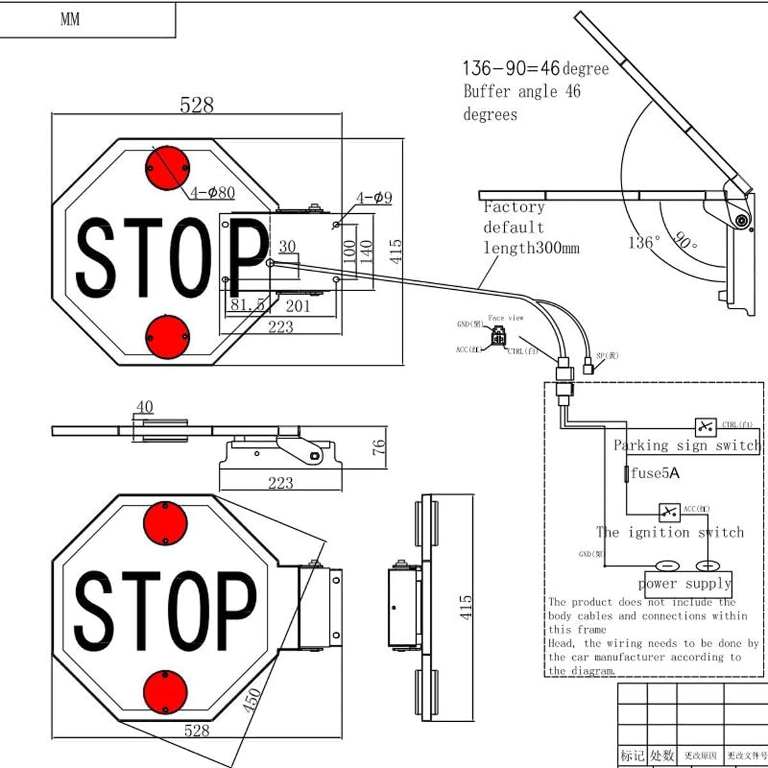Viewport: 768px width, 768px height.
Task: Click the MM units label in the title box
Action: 70,19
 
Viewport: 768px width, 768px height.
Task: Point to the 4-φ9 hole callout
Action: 374,198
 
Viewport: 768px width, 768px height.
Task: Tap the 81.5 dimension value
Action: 246,305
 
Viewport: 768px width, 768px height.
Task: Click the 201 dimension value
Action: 298,306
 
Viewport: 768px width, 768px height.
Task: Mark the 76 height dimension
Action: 379,446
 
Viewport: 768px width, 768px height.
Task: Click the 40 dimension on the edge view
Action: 145,407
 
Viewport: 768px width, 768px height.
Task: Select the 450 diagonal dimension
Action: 252,700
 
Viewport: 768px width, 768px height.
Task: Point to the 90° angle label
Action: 685,241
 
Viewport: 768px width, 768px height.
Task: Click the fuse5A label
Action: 655,473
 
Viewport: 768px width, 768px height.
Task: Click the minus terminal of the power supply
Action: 666,566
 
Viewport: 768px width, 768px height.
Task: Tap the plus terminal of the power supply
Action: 708,566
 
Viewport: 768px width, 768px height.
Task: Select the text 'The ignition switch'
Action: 670,532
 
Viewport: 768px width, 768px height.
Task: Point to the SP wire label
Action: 607,356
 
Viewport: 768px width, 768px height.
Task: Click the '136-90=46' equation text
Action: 511,68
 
